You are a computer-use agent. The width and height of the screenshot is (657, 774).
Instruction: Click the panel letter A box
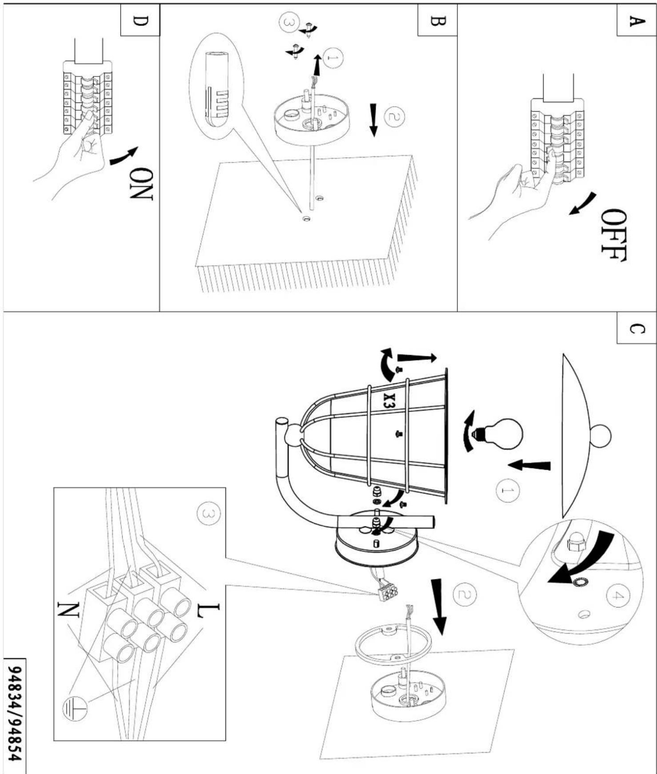[x=637, y=20]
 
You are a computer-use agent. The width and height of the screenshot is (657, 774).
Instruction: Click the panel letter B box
[x=437, y=20]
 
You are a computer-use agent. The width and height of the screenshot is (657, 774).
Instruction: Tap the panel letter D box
[x=140, y=20]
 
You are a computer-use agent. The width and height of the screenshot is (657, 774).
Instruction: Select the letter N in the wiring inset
[x=68, y=610]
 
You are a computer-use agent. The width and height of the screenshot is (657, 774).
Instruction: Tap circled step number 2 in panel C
[x=465, y=594]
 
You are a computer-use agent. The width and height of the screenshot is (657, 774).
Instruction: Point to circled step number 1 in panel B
[x=333, y=57]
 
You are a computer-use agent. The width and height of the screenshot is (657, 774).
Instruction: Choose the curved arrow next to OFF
[x=582, y=203]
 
